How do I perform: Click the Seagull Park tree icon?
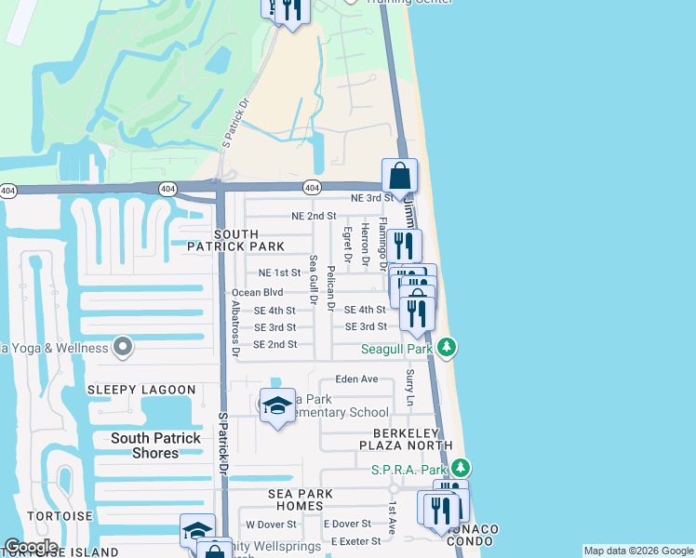448,348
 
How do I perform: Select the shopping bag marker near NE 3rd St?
399,177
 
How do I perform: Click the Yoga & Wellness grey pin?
123,348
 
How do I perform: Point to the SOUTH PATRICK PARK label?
235,240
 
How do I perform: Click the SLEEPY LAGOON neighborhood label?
141,390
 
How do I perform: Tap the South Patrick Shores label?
155,445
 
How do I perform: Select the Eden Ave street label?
356,379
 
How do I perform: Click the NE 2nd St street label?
314,216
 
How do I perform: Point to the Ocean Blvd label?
257,292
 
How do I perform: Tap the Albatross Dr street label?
234,328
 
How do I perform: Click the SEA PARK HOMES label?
296,499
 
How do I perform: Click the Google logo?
32,547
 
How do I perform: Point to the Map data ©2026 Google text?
637,551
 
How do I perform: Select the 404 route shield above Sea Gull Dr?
313,187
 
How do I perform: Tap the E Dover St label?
347,525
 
